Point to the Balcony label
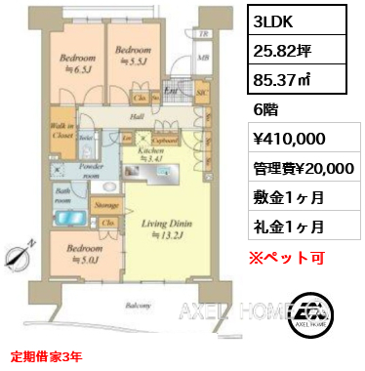pyautogui.click(x=137, y=305)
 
